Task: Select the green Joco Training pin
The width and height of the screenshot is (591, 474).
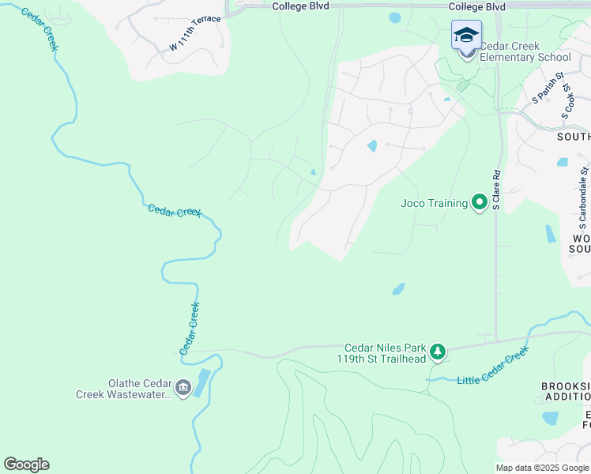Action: coord(479,203)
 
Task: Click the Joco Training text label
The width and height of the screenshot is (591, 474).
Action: coord(434,203)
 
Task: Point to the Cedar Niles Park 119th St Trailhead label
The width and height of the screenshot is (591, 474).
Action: coord(385,352)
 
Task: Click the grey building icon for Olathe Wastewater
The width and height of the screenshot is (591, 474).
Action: coord(183,388)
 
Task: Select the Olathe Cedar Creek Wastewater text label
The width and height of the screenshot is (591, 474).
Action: coord(123,388)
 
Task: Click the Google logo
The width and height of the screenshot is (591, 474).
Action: coord(26,464)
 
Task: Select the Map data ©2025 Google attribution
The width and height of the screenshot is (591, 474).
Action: coord(541,468)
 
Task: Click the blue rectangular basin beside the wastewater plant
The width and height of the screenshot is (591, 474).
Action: coord(201,382)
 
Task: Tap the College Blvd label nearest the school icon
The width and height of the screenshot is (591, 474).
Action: coord(476,6)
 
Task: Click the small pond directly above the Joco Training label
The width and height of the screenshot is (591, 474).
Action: coord(372,146)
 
